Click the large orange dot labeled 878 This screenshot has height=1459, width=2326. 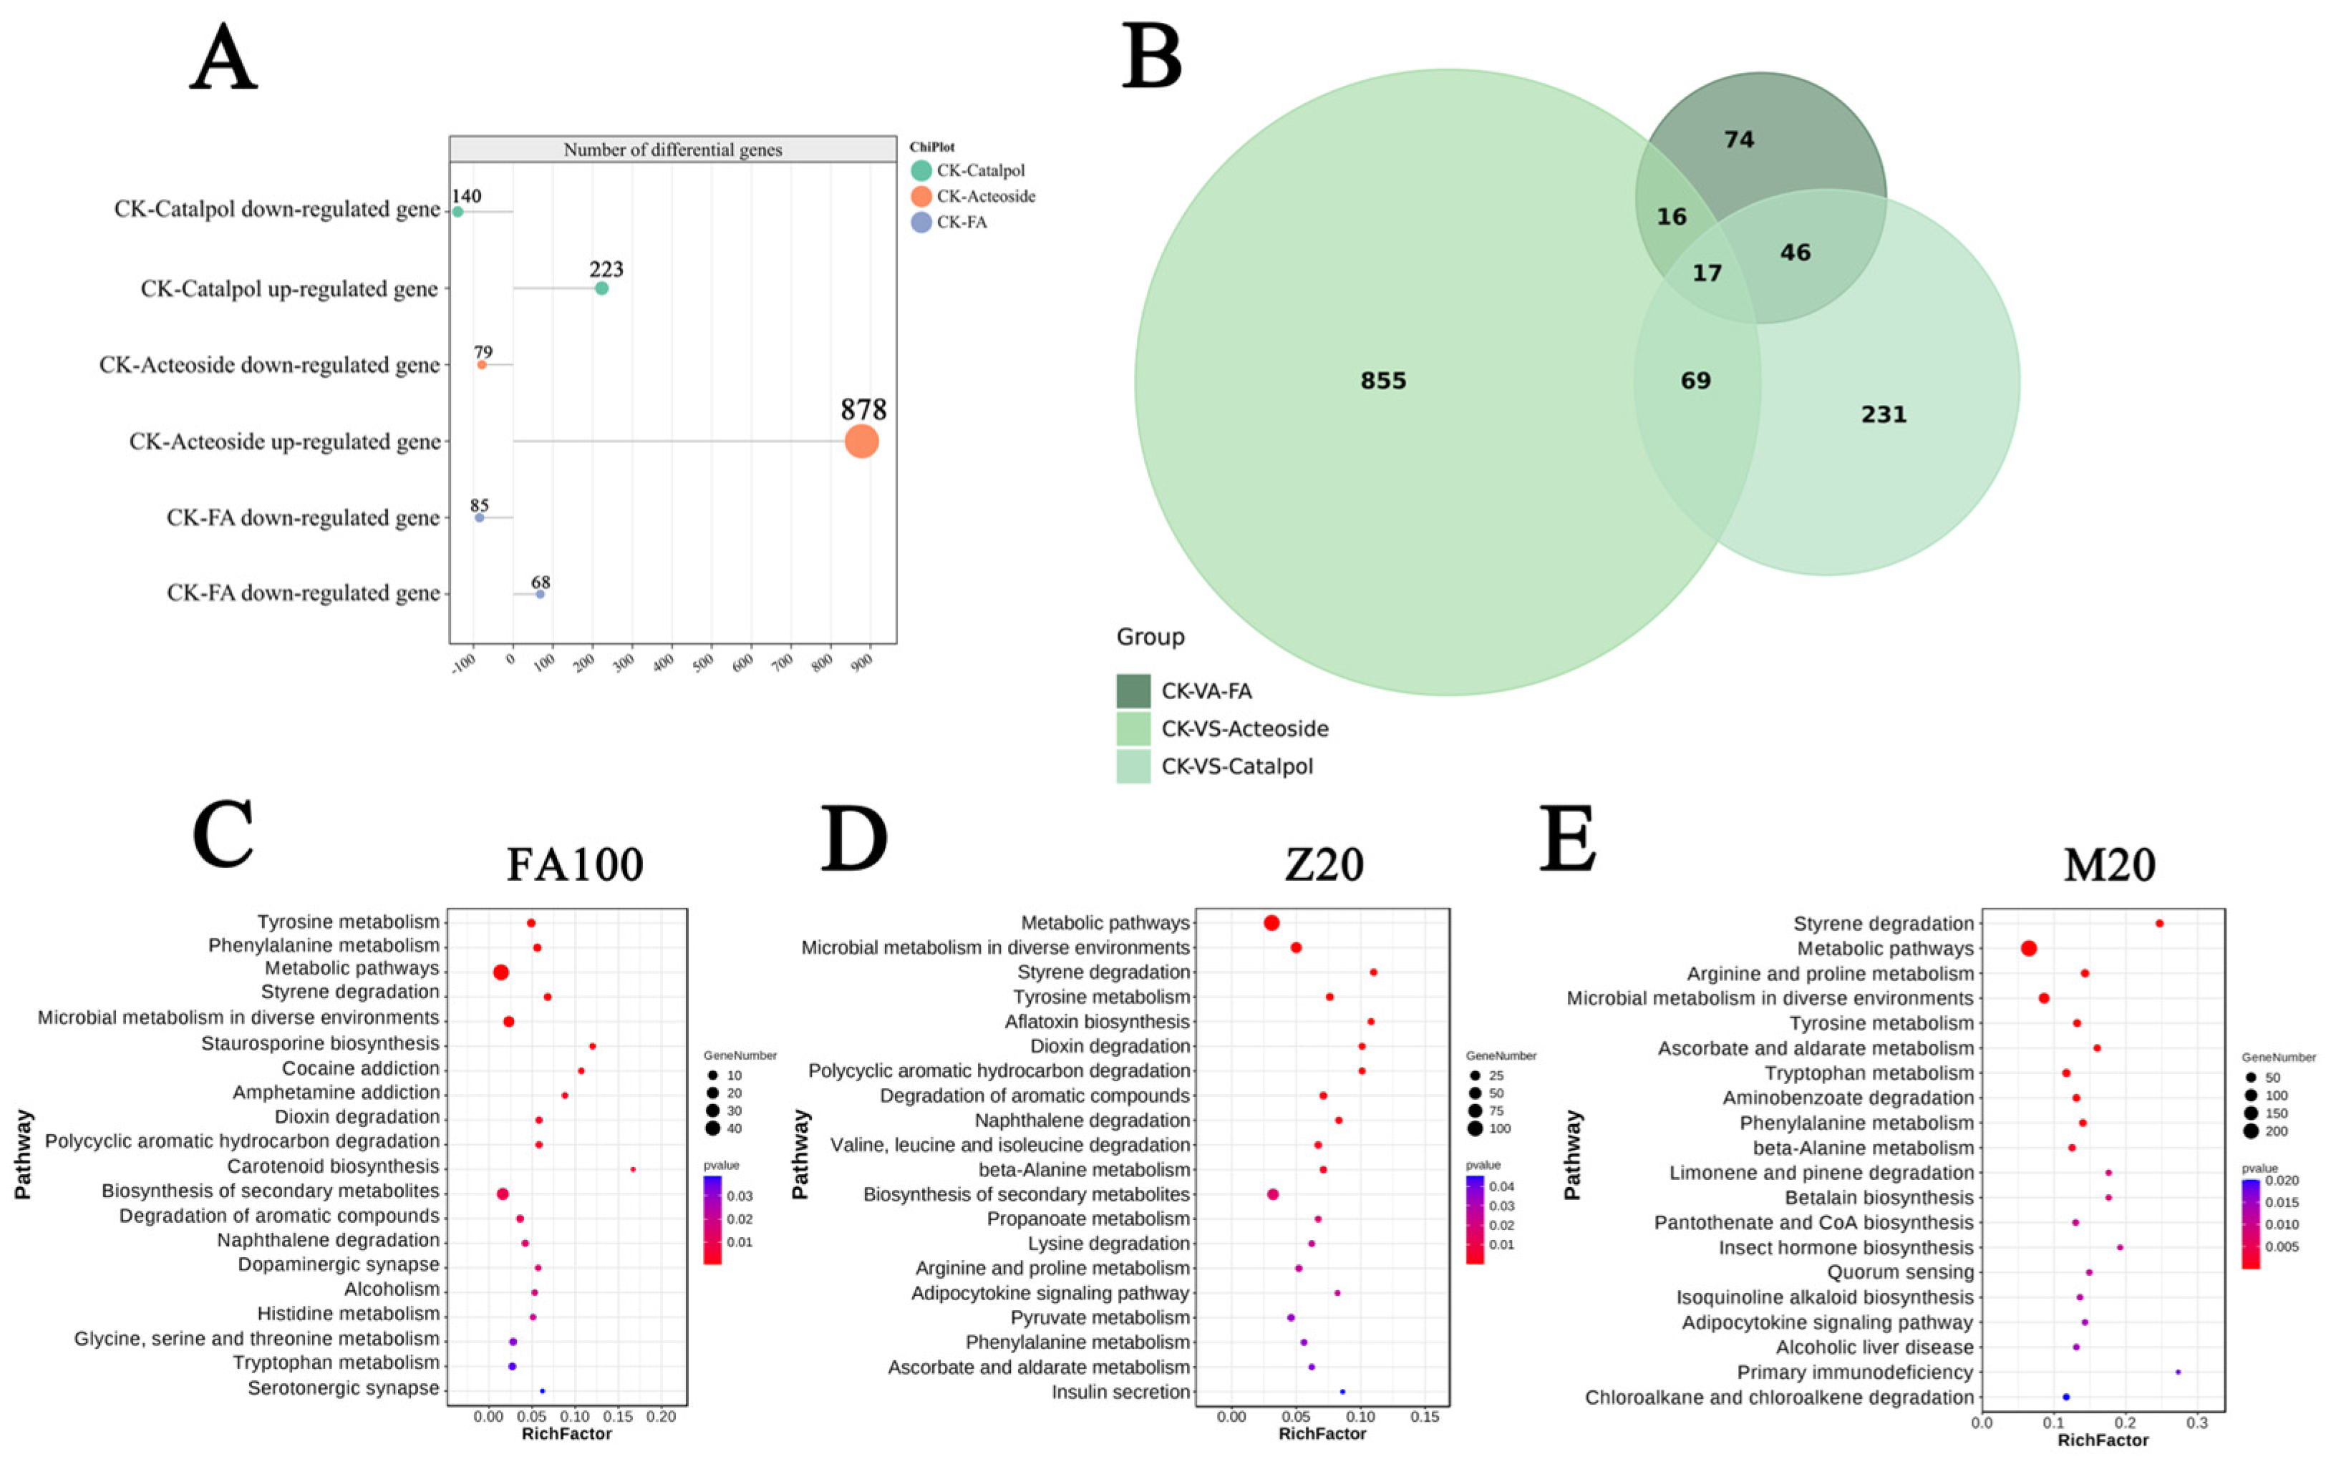861,442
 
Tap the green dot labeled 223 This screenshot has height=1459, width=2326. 601,288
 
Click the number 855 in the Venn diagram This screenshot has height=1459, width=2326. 1383,381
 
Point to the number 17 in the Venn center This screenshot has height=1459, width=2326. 1706,273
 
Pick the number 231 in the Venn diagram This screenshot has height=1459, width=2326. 1883,415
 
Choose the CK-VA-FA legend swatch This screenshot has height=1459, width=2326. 1133,691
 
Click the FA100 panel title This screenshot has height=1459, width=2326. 575,864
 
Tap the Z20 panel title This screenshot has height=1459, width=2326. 1324,864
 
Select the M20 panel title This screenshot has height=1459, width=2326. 2109,864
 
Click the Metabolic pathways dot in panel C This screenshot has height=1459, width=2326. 501,972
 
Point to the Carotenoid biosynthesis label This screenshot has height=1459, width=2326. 333,1166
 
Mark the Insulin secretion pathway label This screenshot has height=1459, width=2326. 1120,1392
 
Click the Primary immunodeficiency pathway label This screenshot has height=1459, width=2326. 1855,1372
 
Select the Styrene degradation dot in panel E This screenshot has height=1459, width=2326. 2159,924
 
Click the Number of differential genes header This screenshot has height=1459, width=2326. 673,150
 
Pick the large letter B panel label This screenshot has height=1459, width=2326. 1153,58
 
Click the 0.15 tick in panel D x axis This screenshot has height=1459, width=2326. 1425,1417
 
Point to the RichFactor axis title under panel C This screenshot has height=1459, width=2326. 566,1434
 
